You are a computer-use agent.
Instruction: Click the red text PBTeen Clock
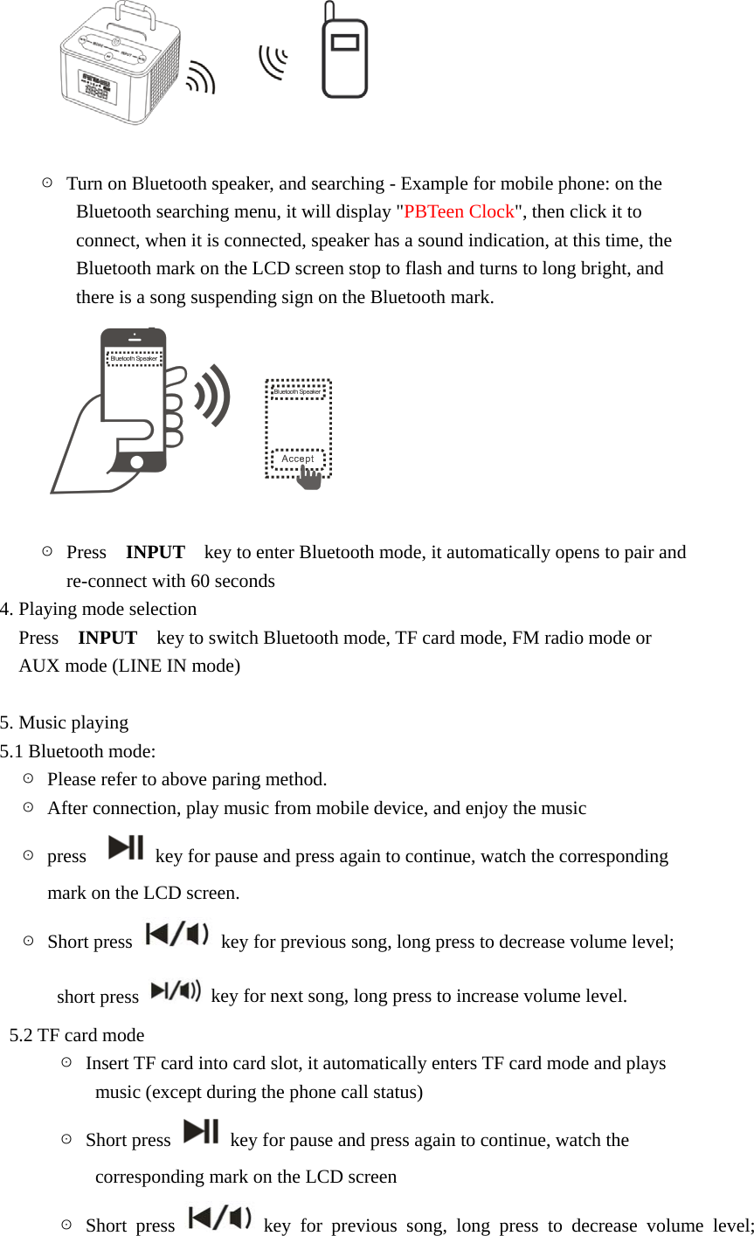click(459, 212)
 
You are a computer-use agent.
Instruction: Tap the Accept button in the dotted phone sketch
click(297, 459)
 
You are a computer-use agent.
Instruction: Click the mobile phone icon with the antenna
click(344, 54)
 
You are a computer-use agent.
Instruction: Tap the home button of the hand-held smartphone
click(135, 462)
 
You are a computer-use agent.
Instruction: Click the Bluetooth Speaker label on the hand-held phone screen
click(134, 358)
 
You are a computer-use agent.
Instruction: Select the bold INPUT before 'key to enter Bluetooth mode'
click(155, 552)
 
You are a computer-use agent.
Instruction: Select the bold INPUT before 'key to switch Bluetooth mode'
click(107, 638)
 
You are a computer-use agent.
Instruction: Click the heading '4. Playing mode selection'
click(99, 609)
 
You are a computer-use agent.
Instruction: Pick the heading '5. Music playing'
click(65, 722)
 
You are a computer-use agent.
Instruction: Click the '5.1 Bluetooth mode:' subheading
click(79, 751)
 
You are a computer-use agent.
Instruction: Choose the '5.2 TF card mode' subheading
click(77, 1035)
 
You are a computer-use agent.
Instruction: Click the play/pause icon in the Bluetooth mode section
click(126, 848)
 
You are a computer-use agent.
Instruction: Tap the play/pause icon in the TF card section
click(202, 1131)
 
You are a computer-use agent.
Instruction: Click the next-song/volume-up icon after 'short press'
click(176, 991)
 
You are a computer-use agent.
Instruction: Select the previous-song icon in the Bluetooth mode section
click(177, 935)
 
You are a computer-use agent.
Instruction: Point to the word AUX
click(38, 666)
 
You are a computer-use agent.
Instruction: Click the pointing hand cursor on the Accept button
click(309, 477)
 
